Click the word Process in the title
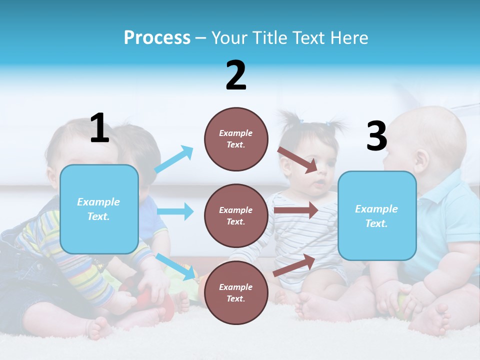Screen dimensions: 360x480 [157, 38]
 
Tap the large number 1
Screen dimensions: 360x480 [99, 128]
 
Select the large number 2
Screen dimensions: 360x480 [236, 75]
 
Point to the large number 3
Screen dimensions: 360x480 [376, 136]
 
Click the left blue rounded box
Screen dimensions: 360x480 [99, 209]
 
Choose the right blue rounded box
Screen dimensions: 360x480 [377, 216]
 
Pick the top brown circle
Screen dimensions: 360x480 [236, 139]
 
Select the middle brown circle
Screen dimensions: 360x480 [236, 215]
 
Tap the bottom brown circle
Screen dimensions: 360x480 [236, 292]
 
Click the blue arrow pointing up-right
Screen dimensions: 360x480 [174, 159]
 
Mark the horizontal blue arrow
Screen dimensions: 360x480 [175, 211]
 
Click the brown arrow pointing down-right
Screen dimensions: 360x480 [298, 159]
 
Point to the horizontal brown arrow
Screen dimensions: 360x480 [296, 210]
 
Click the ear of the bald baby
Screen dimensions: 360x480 [421, 160]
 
